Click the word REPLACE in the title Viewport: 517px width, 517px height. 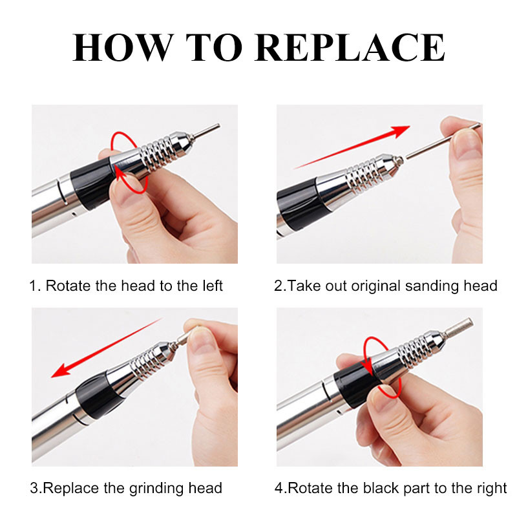350,47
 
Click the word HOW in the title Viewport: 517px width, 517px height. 123,47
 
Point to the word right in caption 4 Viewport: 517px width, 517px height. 491,489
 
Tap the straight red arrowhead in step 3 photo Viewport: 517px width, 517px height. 61,370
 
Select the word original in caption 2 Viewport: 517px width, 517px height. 375,286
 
